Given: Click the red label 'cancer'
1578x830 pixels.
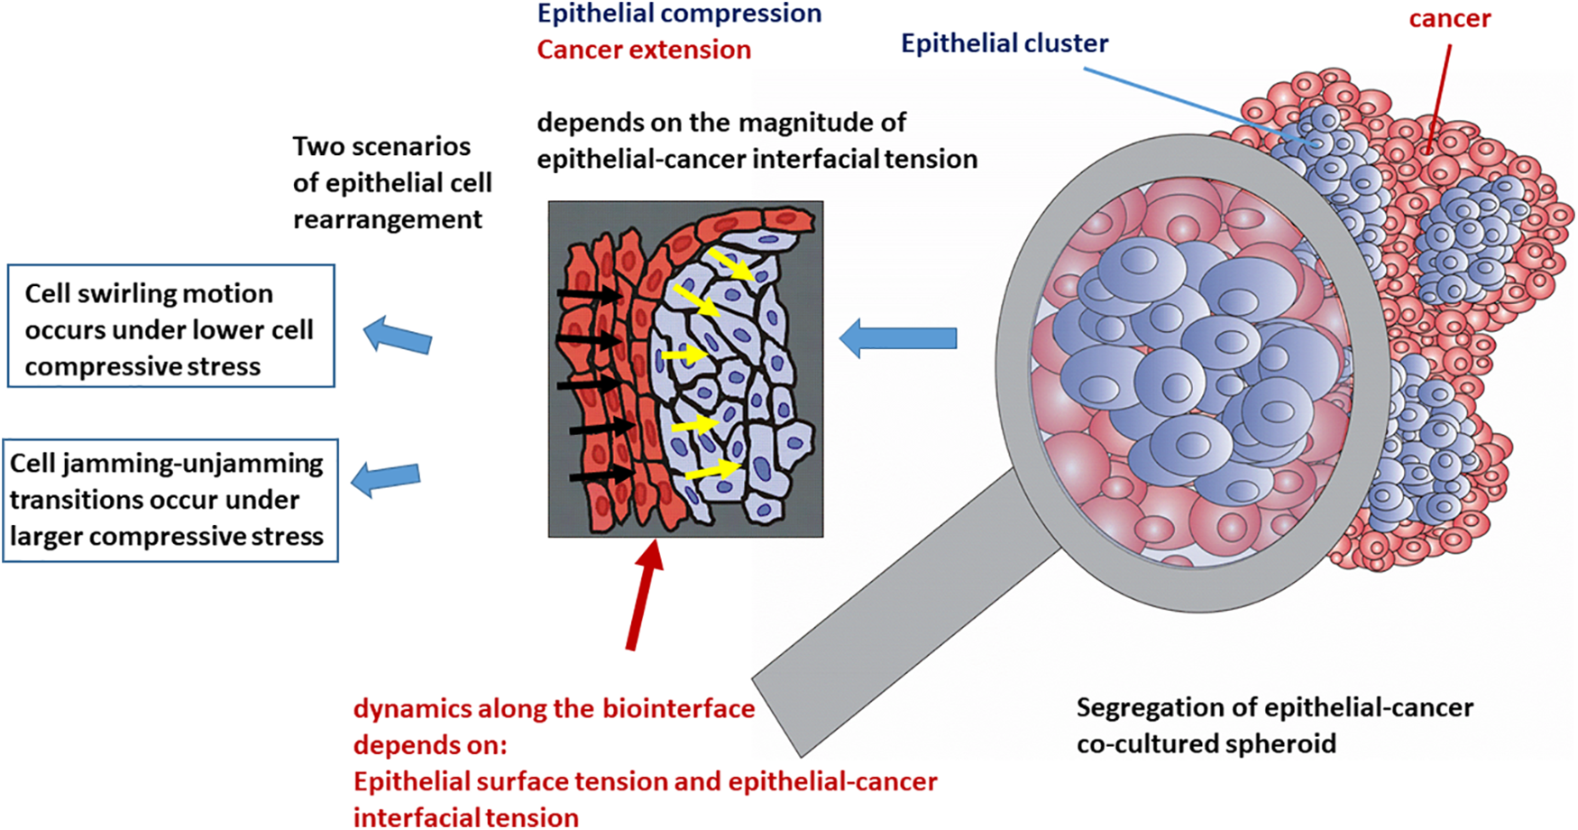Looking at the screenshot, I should click(x=1449, y=19).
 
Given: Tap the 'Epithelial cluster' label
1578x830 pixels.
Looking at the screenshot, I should click(x=1005, y=43).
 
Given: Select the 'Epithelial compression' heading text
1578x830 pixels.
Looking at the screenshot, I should click(x=679, y=14).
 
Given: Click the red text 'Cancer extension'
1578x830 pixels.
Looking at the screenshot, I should click(x=644, y=50).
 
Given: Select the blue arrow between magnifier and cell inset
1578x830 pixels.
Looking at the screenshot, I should click(x=898, y=338).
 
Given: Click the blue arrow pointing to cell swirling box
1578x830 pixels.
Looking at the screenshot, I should click(x=398, y=336).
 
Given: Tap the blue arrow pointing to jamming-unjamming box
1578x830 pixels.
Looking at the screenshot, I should click(x=386, y=478).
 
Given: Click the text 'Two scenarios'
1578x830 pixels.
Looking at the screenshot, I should click(x=381, y=147).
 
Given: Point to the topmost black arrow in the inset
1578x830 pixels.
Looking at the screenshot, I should click(x=589, y=294).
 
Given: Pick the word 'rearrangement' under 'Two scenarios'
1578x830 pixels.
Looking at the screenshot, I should click(x=388, y=220).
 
